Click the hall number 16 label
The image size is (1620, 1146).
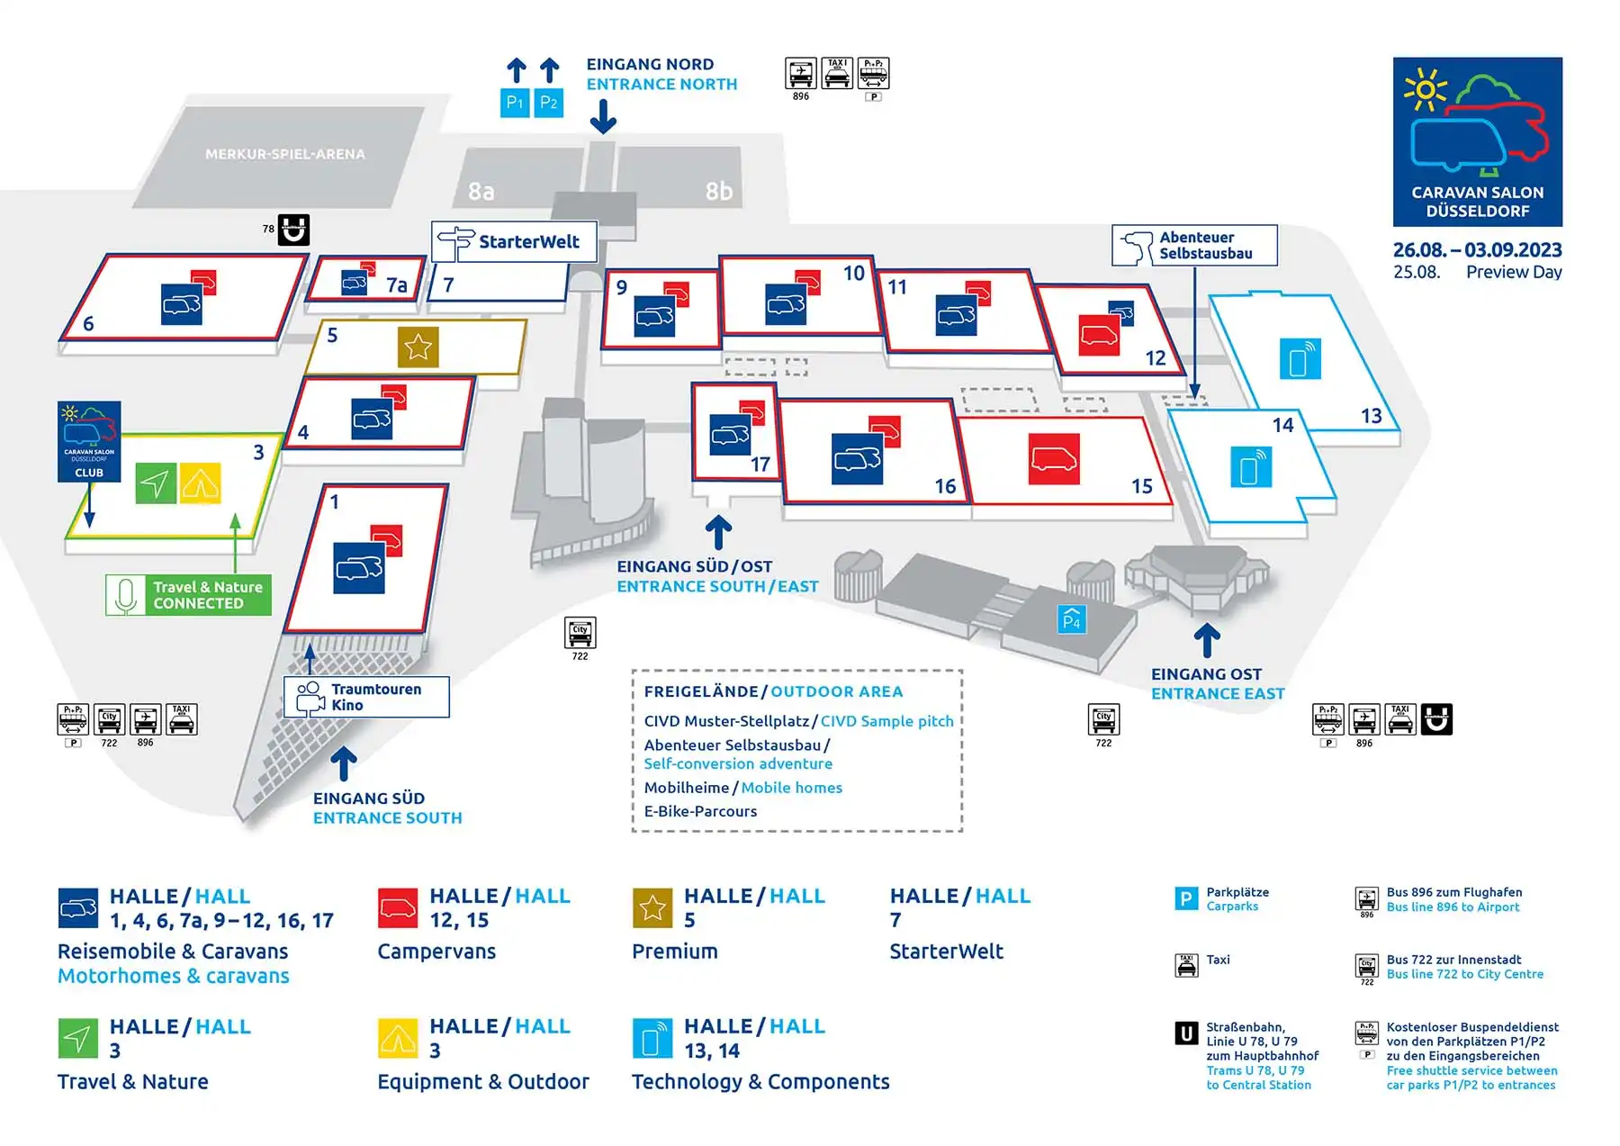[x=944, y=486]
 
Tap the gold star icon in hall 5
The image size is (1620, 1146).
[x=418, y=347]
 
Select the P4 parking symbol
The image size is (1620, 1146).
[x=1071, y=619]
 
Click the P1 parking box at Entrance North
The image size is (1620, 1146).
[x=514, y=103]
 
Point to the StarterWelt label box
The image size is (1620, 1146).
[x=514, y=241]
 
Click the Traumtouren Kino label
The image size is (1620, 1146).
[x=366, y=697]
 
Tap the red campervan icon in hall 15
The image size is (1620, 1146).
[x=1054, y=459]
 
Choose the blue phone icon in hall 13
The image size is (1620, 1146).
[x=1300, y=358]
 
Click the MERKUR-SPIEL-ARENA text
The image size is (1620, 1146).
[x=285, y=154]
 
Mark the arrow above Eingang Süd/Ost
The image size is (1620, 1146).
[x=717, y=532]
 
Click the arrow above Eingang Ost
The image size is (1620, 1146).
[x=1207, y=640]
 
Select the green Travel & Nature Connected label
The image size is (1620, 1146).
[x=188, y=595]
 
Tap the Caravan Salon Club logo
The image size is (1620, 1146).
[x=89, y=441]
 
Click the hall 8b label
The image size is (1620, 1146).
[x=718, y=191]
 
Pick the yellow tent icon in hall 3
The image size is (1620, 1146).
[x=200, y=483]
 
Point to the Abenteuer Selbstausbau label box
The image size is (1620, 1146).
[x=1194, y=245]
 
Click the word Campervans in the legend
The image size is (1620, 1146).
[x=436, y=952]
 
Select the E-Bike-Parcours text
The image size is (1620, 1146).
[x=700, y=811]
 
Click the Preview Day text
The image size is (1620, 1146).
[x=1513, y=272]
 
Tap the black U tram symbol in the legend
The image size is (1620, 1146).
[x=1186, y=1033]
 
